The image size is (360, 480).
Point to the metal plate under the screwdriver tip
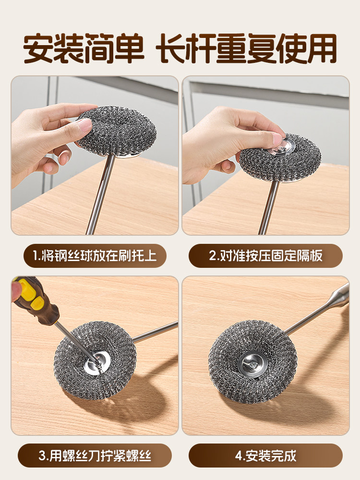pyautogui.click(x=97, y=362)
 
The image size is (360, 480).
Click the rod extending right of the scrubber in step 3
pyautogui.click(x=155, y=332)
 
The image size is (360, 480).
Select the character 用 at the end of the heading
pyautogui.click(x=322, y=48)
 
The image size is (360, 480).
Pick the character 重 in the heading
pyautogui.click(x=231, y=48)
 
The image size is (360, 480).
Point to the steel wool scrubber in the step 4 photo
pyautogui.click(x=252, y=361)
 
